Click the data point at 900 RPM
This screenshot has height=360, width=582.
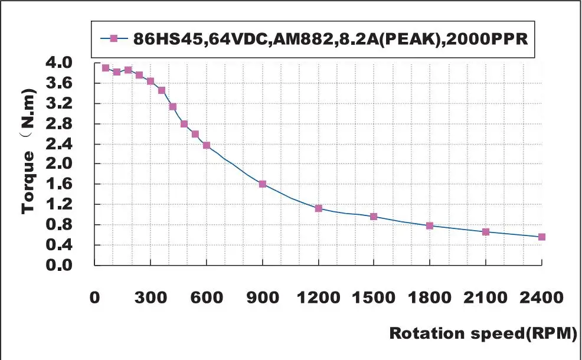click(263, 184)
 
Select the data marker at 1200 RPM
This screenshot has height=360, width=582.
click(319, 208)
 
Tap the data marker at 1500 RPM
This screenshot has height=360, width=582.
click(374, 217)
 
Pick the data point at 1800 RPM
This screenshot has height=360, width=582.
click(430, 226)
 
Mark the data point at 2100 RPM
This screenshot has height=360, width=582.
click(486, 232)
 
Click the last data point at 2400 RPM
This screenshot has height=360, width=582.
click(542, 237)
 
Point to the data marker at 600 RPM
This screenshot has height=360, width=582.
click(207, 145)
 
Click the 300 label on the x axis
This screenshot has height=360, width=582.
click(151, 297)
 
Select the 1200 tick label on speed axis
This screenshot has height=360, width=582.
click(319, 297)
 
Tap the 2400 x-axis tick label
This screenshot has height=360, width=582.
click(542, 297)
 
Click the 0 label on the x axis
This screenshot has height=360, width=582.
click(96, 297)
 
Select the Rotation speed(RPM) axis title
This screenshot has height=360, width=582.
click(482, 333)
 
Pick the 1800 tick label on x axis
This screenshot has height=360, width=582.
click(430, 297)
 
